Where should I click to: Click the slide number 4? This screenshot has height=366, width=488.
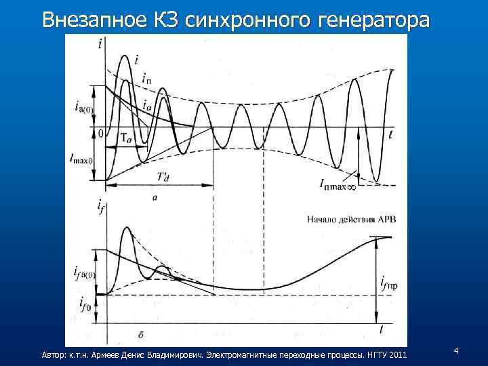(456, 350)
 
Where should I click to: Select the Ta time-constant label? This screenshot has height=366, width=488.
(127, 138)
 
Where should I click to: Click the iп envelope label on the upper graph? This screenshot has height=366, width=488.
(147, 78)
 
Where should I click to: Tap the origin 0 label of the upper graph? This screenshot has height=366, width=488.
(100, 134)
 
